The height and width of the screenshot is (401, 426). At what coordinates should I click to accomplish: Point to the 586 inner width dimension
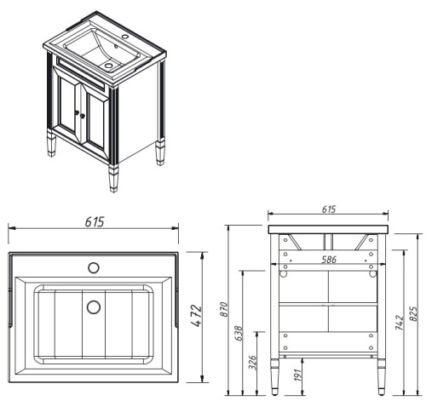[328, 259]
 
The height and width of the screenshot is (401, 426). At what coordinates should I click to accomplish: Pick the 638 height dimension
[239, 334]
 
